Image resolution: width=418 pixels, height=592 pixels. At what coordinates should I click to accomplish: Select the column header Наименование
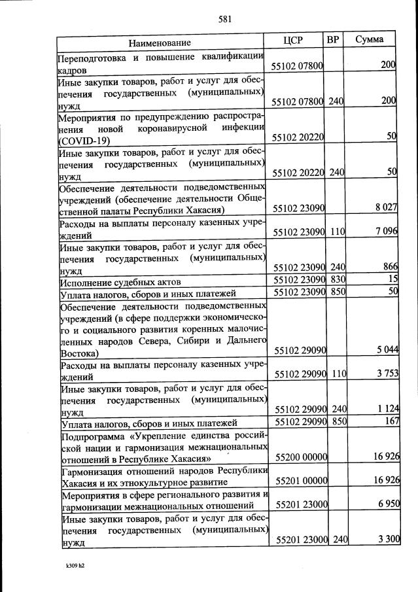click(160, 43)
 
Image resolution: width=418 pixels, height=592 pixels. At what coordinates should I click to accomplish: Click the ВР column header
click(333, 40)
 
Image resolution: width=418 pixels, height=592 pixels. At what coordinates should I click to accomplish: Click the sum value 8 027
click(385, 208)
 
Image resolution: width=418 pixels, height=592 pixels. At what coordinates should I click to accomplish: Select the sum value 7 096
click(385, 231)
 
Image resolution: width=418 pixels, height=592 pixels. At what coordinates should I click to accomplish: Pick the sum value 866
click(389, 266)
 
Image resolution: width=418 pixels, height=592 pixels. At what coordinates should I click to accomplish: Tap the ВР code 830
click(337, 279)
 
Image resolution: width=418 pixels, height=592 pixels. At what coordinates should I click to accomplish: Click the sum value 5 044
click(385, 351)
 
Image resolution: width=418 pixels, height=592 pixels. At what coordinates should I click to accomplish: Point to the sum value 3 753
click(385, 374)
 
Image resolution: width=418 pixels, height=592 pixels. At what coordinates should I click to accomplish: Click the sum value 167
click(391, 421)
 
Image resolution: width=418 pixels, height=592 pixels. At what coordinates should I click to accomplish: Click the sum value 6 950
click(385, 504)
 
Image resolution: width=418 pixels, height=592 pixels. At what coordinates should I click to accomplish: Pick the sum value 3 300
click(385, 539)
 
